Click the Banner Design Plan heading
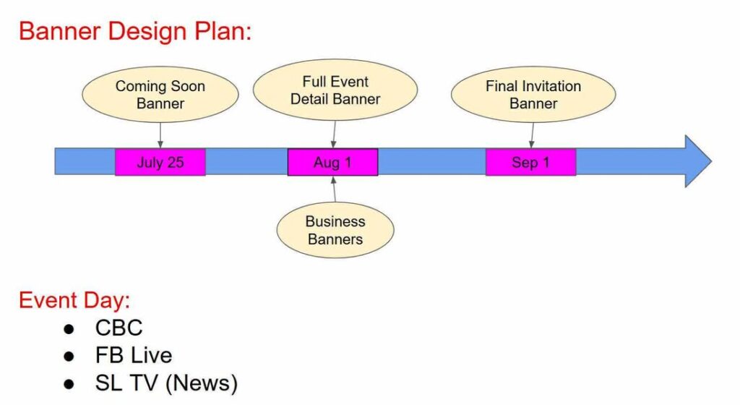(135, 32)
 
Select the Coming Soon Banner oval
(160, 95)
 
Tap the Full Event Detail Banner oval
(335, 90)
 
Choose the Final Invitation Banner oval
(533, 95)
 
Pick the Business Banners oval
(335, 230)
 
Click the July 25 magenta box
(160, 162)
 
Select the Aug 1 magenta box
(332, 162)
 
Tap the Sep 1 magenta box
(530, 162)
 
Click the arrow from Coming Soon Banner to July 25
(160, 135)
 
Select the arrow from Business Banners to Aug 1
(334, 189)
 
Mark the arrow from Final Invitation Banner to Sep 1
(532, 135)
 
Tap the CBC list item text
(119, 328)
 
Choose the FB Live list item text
(134, 355)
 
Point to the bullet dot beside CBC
(69, 328)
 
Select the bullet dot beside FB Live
(69, 356)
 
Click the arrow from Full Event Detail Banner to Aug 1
(333, 134)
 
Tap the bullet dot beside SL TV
(69, 383)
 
